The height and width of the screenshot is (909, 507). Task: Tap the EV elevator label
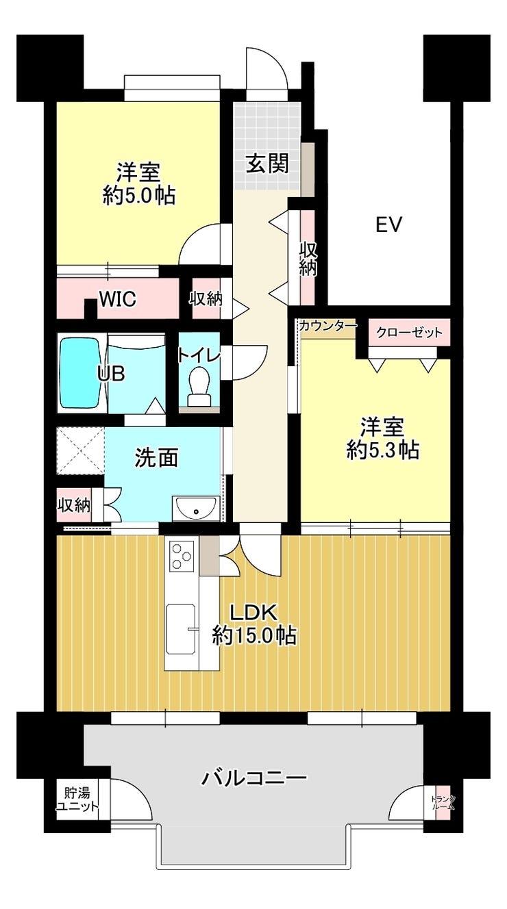pyautogui.click(x=388, y=225)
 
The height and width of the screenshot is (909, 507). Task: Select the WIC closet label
pyautogui.click(x=118, y=299)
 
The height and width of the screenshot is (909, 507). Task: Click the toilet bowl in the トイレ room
pyautogui.click(x=199, y=385)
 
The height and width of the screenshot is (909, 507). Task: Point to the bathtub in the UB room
pyautogui.click(x=80, y=373)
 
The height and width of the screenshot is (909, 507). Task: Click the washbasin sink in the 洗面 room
pyautogui.click(x=196, y=508)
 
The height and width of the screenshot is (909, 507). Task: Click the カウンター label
pyautogui.click(x=329, y=325)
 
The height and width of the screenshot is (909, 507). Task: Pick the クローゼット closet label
pyautogui.click(x=409, y=333)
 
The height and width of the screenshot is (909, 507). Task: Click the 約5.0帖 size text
pyautogui.click(x=139, y=196)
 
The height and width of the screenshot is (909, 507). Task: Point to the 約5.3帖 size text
pyautogui.click(x=382, y=450)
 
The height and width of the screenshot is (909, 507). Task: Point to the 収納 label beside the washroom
pyautogui.click(x=73, y=506)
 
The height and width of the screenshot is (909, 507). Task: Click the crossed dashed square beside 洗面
pyautogui.click(x=80, y=450)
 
